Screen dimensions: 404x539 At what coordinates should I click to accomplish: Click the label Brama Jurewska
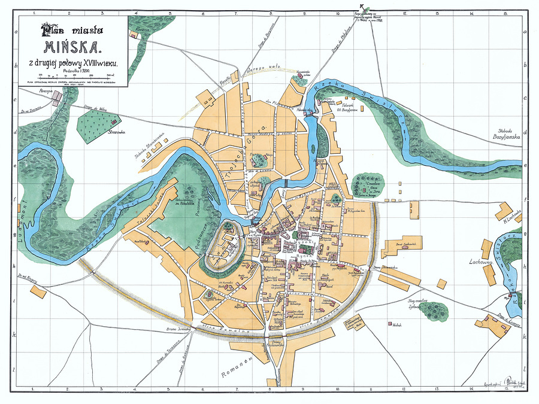[x=177, y=329]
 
